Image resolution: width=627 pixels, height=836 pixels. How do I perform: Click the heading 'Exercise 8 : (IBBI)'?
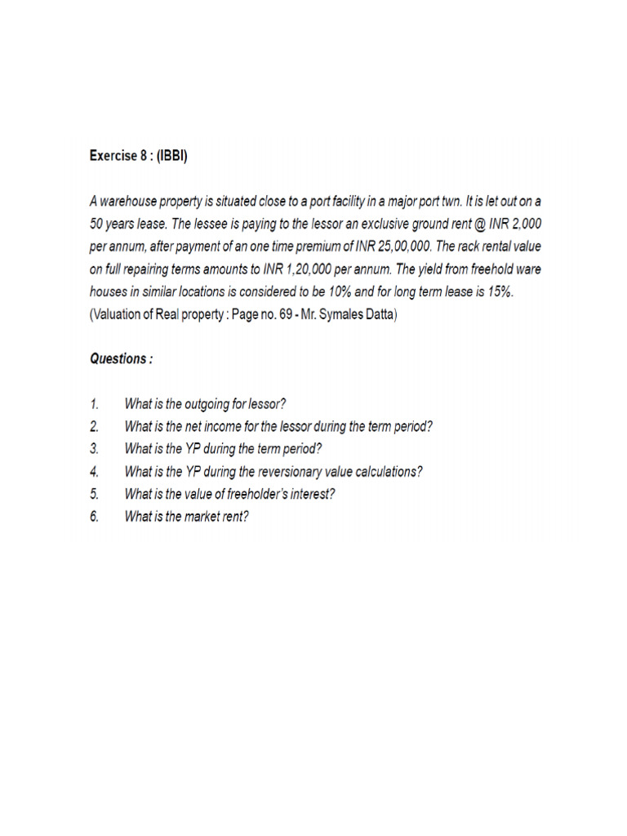click(x=138, y=155)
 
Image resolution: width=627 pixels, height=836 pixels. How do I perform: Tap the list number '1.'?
click(x=94, y=403)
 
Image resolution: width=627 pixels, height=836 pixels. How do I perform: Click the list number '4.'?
click(x=95, y=471)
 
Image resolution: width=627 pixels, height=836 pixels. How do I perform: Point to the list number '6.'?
click(x=95, y=516)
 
